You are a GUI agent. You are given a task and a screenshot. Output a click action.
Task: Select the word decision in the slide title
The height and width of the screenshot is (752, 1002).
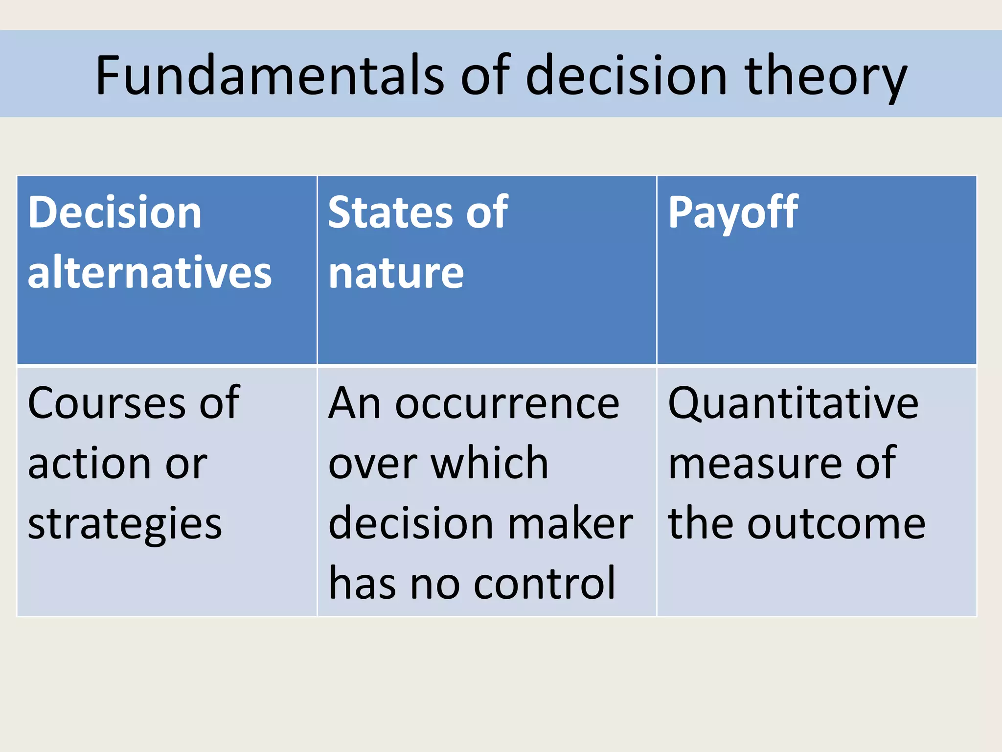[626, 76]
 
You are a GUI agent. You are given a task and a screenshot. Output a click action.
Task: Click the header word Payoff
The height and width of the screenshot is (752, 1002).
[733, 213]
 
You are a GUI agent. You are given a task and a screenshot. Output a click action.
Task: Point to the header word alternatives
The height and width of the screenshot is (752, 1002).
[150, 272]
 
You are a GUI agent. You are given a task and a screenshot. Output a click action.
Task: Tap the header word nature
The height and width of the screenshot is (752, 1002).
[396, 273]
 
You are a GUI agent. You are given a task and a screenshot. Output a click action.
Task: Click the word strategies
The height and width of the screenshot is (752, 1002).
[125, 525]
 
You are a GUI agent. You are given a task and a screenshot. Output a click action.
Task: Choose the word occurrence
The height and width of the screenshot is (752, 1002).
[507, 404]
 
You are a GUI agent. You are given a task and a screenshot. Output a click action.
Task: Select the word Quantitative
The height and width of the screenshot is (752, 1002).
[793, 404]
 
